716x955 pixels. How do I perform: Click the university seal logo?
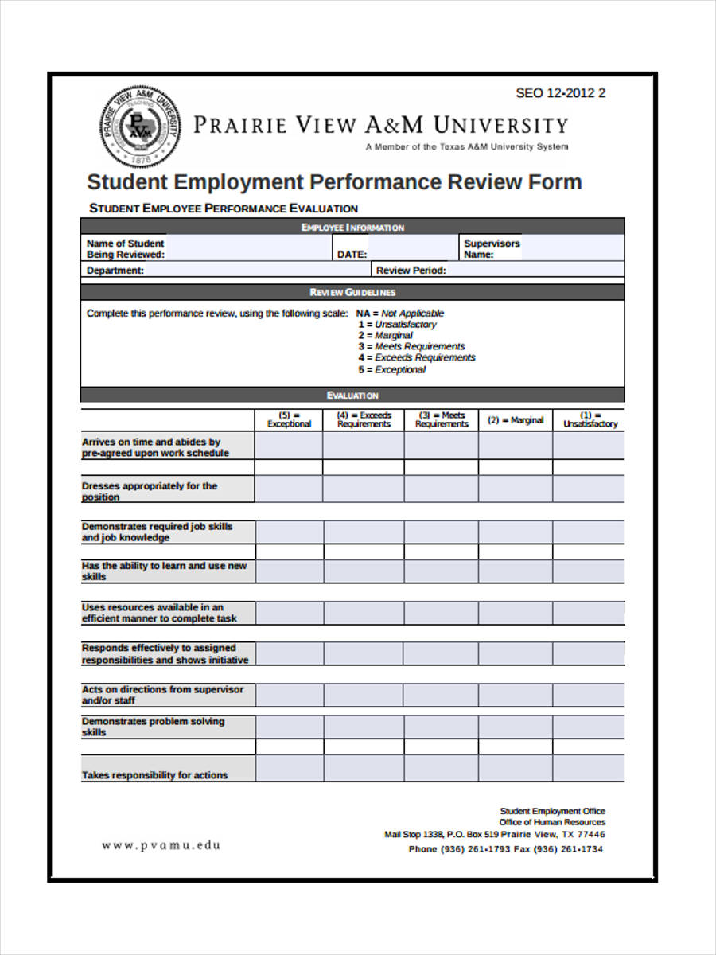click(x=139, y=126)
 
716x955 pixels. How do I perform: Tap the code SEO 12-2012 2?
click(x=560, y=93)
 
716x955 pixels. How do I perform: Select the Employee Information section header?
click(x=352, y=228)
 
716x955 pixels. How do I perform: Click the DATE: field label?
click(x=352, y=255)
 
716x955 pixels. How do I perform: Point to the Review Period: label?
click(x=411, y=271)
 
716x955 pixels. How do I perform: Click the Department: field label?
click(x=115, y=271)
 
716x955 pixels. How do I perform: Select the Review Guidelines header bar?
click(x=352, y=292)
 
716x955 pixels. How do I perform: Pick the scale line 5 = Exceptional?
click(x=391, y=369)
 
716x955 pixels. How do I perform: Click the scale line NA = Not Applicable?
click(x=399, y=314)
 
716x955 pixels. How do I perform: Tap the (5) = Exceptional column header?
click(x=289, y=419)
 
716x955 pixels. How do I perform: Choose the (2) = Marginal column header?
click(x=516, y=420)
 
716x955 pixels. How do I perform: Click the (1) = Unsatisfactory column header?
click(x=590, y=419)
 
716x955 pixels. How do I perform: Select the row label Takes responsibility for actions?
click(x=154, y=775)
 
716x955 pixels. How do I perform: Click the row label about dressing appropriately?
click(x=149, y=491)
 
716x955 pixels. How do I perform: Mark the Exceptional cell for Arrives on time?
click(x=289, y=446)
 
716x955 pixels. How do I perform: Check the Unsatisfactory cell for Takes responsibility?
click(x=589, y=769)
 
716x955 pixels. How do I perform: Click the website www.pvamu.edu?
click(x=161, y=845)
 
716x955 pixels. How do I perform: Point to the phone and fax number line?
click(x=505, y=849)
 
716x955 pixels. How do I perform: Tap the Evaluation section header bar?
click(x=352, y=396)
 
